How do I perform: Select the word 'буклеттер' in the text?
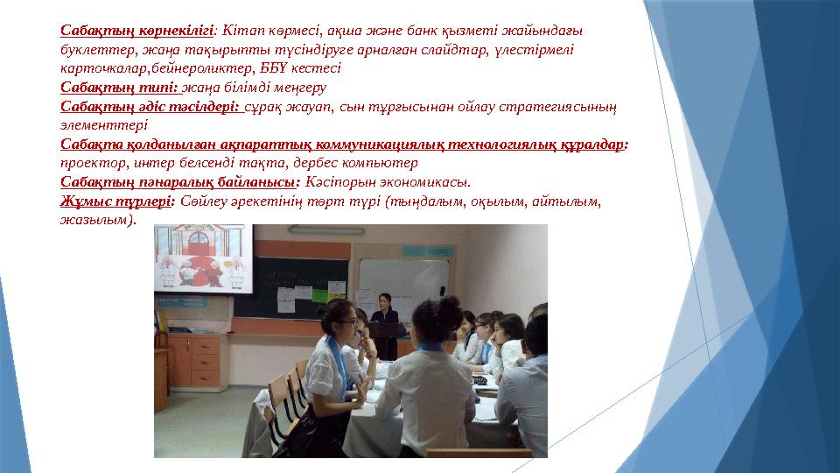(90, 49)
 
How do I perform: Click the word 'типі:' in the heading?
(158, 87)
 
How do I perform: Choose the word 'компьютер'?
(381, 163)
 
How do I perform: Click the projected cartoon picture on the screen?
(203, 259)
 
